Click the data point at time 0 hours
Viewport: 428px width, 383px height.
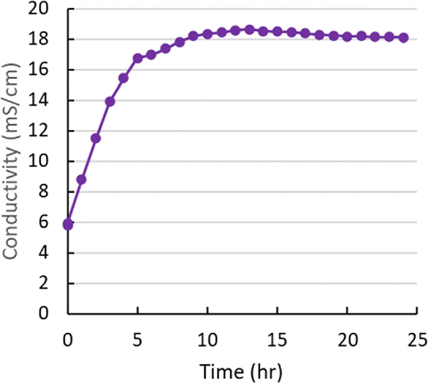pyautogui.click(x=68, y=224)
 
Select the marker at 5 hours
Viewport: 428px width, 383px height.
pyautogui.click(x=137, y=58)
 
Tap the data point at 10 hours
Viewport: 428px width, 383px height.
pyautogui.click(x=207, y=34)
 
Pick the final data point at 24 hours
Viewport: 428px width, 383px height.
pyautogui.click(x=403, y=38)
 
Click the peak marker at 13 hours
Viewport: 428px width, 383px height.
pyautogui.click(x=249, y=30)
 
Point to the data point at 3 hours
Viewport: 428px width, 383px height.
pyautogui.click(x=110, y=101)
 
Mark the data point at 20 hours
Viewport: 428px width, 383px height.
pyautogui.click(x=347, y=37)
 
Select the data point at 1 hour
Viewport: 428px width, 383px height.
pyautogui.click(x=82, y=179)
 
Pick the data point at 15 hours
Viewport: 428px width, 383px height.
pyautogui.click(x=277, y=32)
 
